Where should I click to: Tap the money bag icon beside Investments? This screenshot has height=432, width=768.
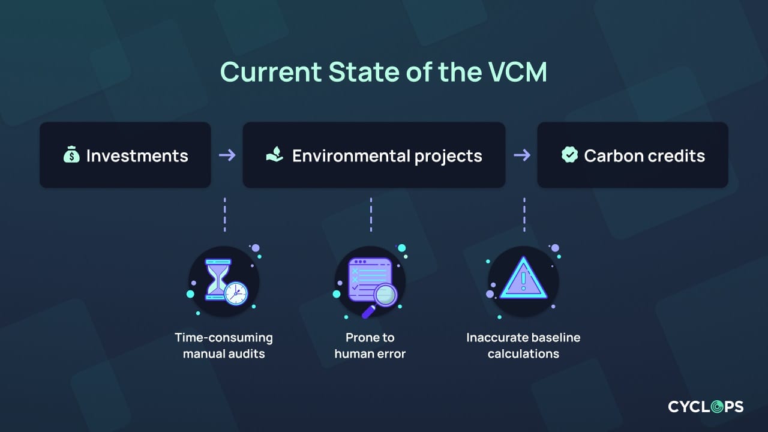coord(71,156)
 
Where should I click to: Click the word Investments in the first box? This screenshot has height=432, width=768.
coord(137,156)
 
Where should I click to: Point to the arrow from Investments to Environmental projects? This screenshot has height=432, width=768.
coord(227,155)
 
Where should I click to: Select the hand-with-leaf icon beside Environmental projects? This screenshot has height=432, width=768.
coord(275,156)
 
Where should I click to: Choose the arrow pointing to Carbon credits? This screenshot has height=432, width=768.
coord(522,155)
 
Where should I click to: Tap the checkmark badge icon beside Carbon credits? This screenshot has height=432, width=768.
coord(569,155)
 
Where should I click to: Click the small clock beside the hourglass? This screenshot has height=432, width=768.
coord(235,293)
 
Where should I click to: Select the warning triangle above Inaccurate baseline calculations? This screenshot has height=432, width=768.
coord(523,279)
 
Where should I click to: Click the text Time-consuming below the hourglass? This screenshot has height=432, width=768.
coord(223,338)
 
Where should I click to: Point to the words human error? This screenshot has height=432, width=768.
coord(370,353)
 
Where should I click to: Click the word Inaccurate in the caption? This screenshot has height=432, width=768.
coord(496,338)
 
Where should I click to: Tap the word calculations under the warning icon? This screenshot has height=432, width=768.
coord(523,353)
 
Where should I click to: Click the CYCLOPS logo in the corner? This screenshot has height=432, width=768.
coord(706,407)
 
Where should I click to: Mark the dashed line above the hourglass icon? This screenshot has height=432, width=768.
coord(224,214)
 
